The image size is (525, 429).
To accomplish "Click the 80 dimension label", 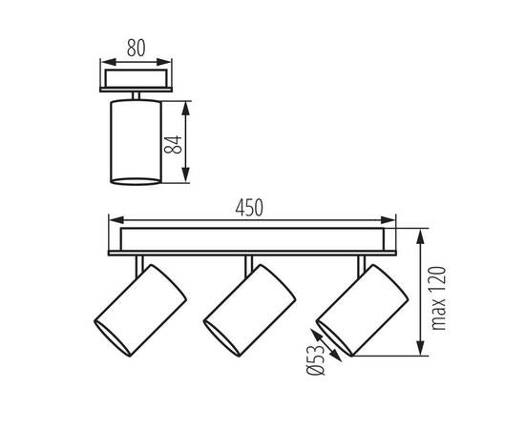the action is pyautogui.click(x=136, y=48).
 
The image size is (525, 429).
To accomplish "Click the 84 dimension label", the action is pyautogui.click(x=173, y=145).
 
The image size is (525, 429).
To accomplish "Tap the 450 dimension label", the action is pyautogui.click(x=249, y=208).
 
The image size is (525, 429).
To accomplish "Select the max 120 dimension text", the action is pyautogui.click(x=439, y=298).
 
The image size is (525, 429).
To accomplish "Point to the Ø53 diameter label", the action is pyautogui.click(x=316, y=360).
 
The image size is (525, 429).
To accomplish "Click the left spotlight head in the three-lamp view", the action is pyautogui.click(x=140, y=311).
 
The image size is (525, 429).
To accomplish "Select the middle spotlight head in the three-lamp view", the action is pyautogui.click(x=250, y=311).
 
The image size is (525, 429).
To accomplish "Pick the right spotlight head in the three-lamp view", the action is pyautogui.click(x=363, y=311).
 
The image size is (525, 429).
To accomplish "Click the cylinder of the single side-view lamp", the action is pyautogui.click(x=136, y=142).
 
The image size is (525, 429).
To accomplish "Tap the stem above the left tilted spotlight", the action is pyautogui.click(x=139, y=266).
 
